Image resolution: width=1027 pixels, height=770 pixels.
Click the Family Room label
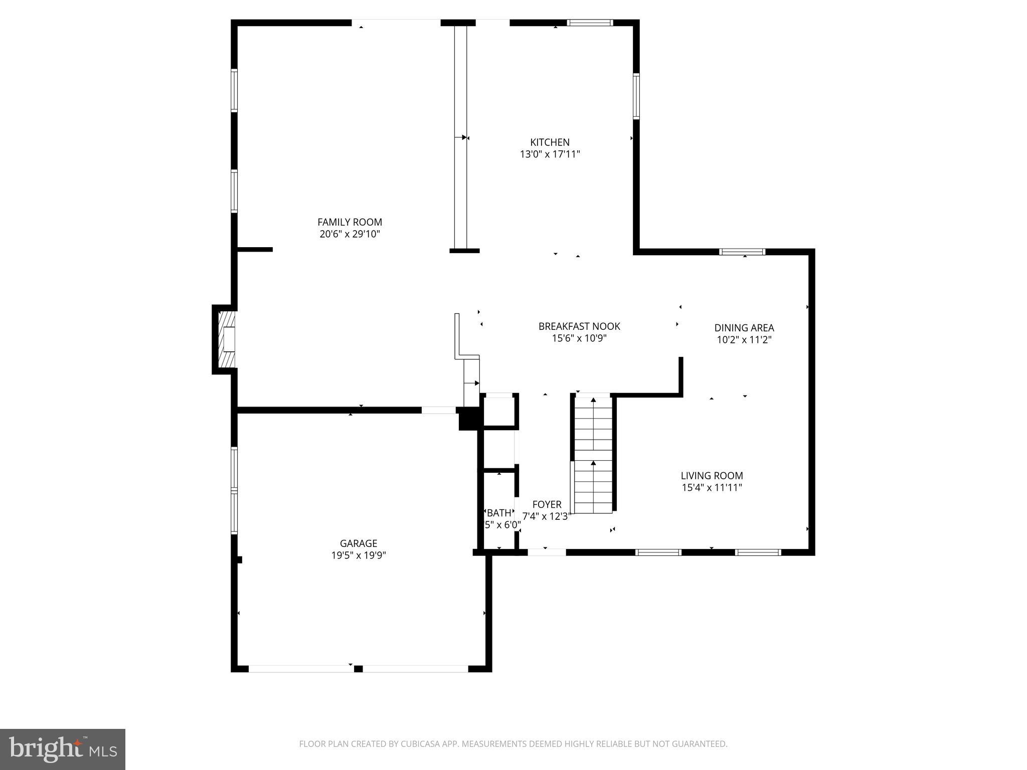[350, 222]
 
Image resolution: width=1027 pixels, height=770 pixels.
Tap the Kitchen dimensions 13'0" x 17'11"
[550, 154]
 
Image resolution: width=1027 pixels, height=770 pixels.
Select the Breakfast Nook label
[579, 326]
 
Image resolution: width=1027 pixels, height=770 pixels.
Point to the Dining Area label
[744, 328]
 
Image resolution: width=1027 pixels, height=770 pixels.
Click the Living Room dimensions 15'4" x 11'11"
[712, 488]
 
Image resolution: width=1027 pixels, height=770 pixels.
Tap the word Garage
[358, 543]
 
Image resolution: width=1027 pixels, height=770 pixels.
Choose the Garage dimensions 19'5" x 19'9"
[358, 555]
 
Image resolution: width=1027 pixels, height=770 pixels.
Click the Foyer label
[547, 504]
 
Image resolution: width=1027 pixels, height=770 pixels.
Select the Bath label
[499, 513]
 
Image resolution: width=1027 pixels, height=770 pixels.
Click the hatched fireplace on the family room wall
[228, 339]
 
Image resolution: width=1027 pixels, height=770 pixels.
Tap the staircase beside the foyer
[593, 454]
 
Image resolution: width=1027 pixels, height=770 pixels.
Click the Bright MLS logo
[62, 749]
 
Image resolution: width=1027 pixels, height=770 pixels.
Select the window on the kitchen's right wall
[636, 96]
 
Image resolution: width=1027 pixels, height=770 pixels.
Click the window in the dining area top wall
[742, 252]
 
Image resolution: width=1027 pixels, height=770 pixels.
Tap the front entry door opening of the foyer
[547, 552]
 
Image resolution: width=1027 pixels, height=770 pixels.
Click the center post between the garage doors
[358, 669]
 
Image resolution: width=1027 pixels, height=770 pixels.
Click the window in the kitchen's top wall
[590, 23]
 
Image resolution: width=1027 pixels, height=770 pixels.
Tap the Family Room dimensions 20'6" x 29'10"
[350, 234]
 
